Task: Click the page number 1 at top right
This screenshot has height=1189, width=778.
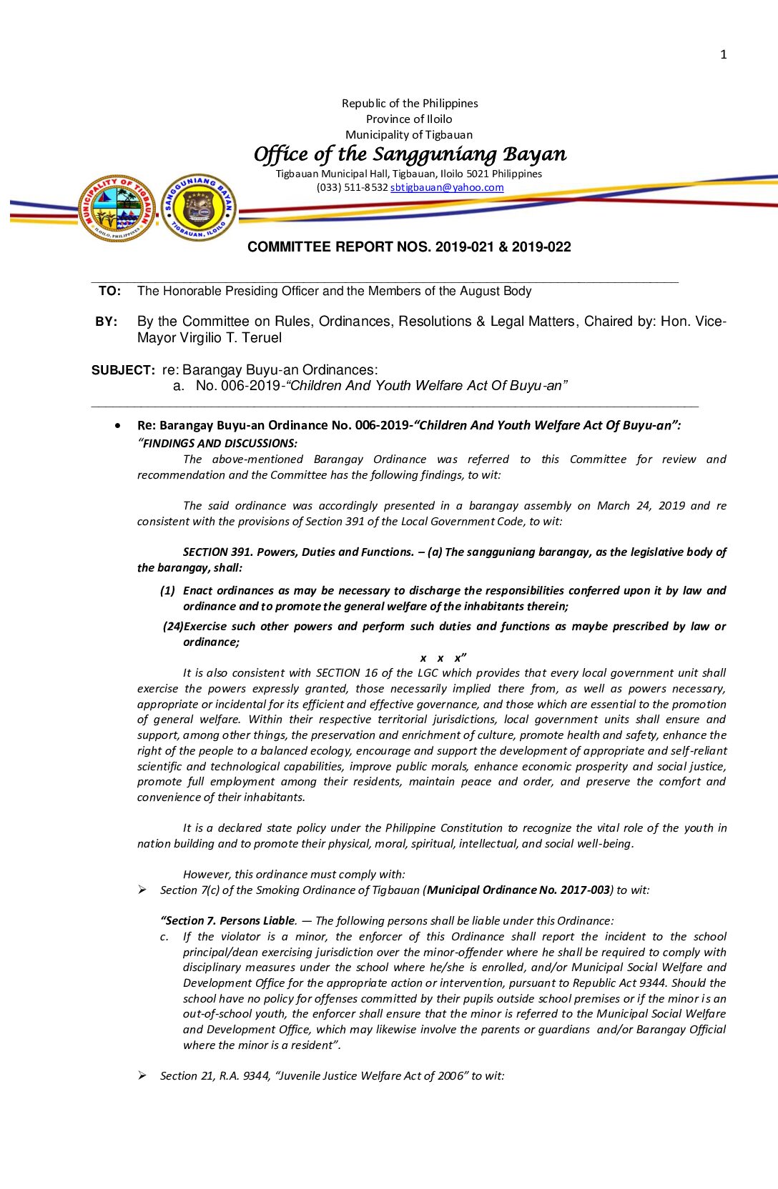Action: click(723, 54)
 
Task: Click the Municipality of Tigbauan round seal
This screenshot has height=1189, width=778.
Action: click(117, 209)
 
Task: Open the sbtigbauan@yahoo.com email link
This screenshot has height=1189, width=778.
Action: click(447, 187)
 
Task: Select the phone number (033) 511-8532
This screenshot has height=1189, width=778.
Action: click(352, 187)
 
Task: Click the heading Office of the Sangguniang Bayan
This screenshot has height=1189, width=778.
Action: click(410, 154)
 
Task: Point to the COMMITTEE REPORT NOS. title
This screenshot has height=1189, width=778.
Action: click(409, 247)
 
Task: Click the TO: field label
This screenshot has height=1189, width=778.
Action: click(110, 291)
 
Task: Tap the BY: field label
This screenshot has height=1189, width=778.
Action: click(107, 322)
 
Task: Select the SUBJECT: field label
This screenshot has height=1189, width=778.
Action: click(123, 370)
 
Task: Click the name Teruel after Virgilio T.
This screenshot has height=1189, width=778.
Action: click(262, 338)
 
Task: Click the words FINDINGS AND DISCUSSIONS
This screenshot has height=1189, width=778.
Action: click(220, 444)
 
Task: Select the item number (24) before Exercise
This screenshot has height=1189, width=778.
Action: click(173, 627)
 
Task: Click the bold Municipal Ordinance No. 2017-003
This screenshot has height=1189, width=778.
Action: click(518, 890)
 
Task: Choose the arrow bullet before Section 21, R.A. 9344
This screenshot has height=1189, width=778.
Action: click(143, 1075)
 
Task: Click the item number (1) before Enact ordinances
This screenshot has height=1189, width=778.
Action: click(168, 591)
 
